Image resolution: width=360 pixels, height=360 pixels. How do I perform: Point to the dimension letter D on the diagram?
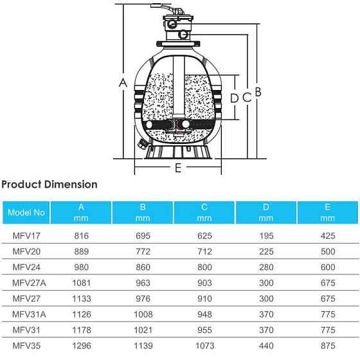[234, 98]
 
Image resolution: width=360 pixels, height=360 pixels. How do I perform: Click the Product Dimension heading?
[50, 184]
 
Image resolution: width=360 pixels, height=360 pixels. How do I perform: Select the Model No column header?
[26, 212]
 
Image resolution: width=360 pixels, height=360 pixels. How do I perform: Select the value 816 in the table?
[81, 236]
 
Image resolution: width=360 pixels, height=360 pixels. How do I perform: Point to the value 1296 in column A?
[81, 345]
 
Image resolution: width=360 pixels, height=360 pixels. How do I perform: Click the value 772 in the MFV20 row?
[143, 252]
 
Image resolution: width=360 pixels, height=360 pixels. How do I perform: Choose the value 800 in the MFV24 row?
[204, 267]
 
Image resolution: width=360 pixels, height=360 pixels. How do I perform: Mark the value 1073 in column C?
[204, 345]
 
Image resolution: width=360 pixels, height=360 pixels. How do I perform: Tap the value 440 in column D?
[265, 345]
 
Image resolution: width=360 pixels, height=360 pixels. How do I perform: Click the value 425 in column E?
[327, 236]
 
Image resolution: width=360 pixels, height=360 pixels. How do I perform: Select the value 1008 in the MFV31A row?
[143, 314]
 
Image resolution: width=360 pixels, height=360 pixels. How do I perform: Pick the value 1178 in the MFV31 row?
[81, 330]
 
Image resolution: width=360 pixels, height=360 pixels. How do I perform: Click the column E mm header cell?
[327, 212]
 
